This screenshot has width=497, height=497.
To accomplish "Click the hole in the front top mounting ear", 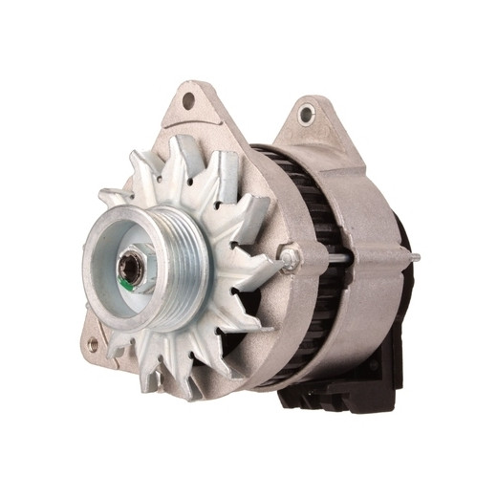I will coord(188,99).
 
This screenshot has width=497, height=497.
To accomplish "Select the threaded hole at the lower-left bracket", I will coord(93,342).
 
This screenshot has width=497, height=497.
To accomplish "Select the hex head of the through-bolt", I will coord(291,256).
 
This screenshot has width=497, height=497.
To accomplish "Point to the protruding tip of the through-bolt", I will coord(416,257).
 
